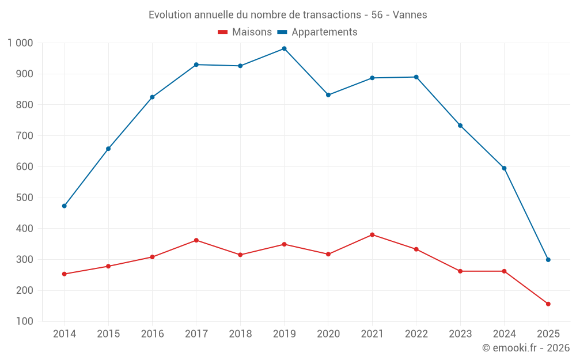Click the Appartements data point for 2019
click(x=284, y=48)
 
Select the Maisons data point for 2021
click(x=372, y=234)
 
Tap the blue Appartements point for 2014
click(x=64, y=206)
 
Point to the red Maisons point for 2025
click(x=548, y=304)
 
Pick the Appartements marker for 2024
click(x=504, y=168)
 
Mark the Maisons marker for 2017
click(x=196, y=240)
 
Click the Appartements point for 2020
click(x=328, y=95)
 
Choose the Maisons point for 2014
click(x=64, y=274)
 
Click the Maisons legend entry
click(x=245, y=32)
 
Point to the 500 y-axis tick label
click(x=25, y=198)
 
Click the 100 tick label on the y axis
click(x=25, y=321)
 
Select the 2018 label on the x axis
click(x=240, y=334)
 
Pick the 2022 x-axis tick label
click(x=416, y=334)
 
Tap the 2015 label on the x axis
click(x=108, y=334)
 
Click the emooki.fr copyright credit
click(x=526, y=348)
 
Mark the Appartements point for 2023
click(x=460, y=126)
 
